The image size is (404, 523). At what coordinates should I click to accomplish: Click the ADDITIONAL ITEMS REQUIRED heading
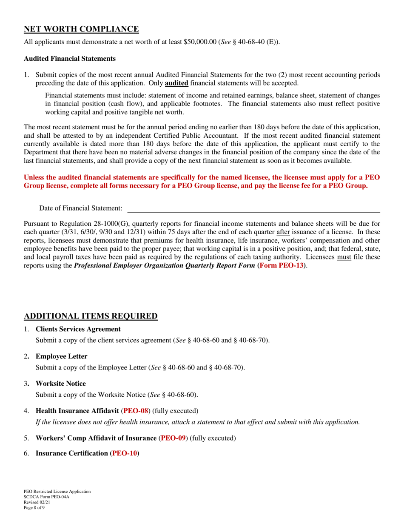click(x=91, y=316)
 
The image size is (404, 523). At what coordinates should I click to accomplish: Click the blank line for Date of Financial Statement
click(x=253, y=208)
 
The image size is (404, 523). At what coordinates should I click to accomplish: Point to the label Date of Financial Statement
click(x=81, y=208)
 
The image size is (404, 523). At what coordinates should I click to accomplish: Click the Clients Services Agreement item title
click(x=78, y=329)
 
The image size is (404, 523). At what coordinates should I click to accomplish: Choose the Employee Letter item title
click(x=61, y=356)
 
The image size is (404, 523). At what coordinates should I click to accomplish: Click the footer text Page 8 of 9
click(x=34, y=507)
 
